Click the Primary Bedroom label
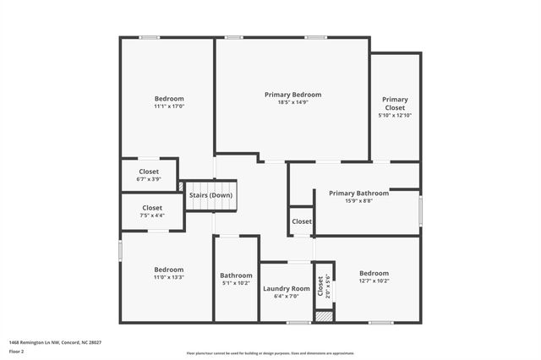tap(292, 95)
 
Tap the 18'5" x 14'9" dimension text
tap(292, 103)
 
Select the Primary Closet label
tap(395, 103)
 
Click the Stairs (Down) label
tap(210, 195)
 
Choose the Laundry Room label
tap(287, 288)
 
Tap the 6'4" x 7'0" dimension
tap(287, 297)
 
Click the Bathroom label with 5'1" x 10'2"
tap(236, 275)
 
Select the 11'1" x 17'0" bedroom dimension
tap(169, 106)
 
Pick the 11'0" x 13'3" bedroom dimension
tap(168, 277)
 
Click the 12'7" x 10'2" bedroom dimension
tap(374, 281)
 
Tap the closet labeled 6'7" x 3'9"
tap(149, 175)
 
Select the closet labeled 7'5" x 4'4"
tap(152, 211)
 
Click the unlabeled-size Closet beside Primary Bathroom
tap(302, 221)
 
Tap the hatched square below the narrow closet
tap(323, 317)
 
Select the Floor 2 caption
tap(17, 349)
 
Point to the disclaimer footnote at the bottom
tap(270, 353)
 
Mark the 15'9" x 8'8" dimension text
tap(359, 201)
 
